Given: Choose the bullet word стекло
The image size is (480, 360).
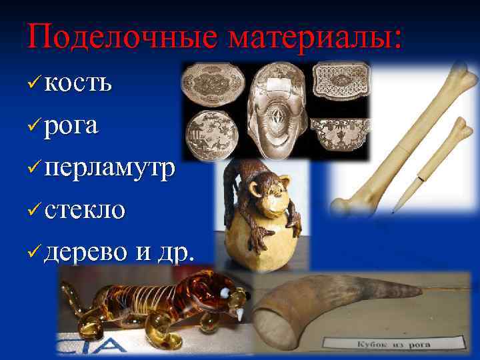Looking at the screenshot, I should click(85, 210).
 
